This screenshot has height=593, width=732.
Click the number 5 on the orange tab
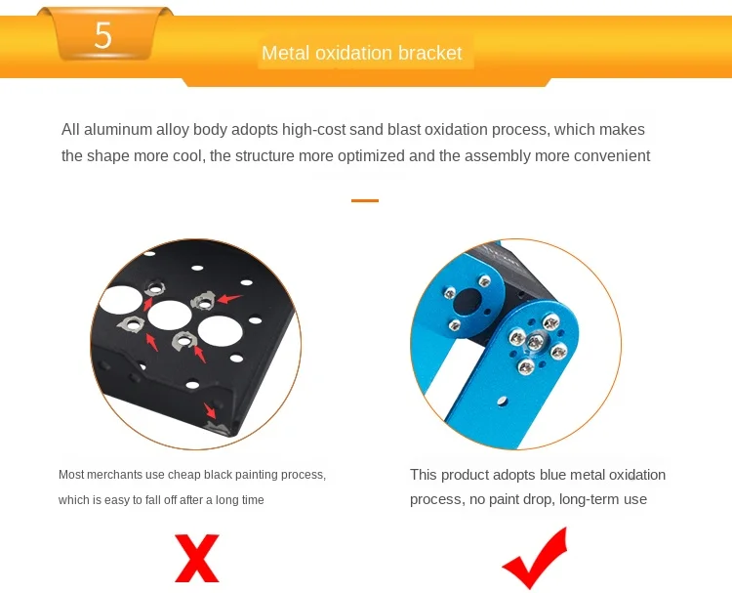coord(102,35)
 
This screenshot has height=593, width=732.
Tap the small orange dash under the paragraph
coord(365,200)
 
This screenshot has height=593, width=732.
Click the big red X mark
coord(196,559)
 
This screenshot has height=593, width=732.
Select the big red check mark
coord(535,559)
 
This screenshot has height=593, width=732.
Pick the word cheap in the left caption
coord(183,475)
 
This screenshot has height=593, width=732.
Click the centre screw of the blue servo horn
coord(535,343)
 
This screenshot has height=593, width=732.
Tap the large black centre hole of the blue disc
coord(468,302)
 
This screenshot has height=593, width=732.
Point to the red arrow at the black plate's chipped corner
coord(210,411)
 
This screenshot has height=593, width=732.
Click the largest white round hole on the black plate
coord(220,330)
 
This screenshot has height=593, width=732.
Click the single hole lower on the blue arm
coord(503,401)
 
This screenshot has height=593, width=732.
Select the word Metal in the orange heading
coord(286,53)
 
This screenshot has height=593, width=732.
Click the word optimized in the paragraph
coord(370,155)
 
